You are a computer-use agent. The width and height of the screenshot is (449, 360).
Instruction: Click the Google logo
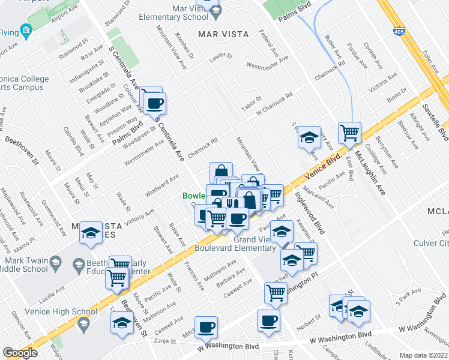point(20,353)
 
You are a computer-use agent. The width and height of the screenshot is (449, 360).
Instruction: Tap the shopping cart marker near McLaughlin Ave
point(349,131)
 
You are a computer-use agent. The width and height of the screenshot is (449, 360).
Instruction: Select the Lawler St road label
point(221,56)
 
